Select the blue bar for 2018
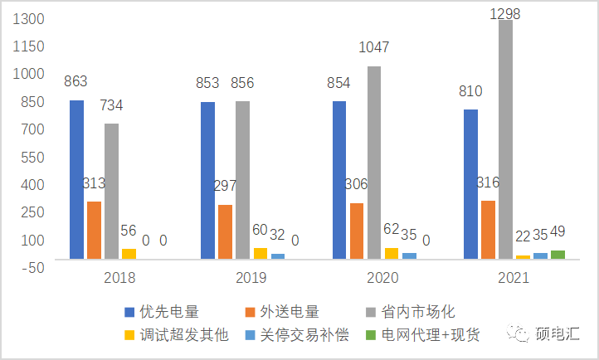tap(76, 179)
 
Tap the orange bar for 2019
tap(225, 231)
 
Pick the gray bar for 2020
tap(374, 162)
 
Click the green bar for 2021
tap(558, 255)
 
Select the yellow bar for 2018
tap(129, 254)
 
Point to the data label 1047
tap(373, 47)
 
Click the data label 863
tap(76, 81)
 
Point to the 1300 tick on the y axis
tap(29, 18)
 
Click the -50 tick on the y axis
tap(31, 265)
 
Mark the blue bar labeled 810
tap(470, 183)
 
